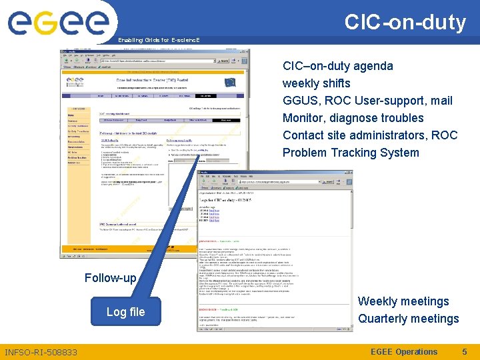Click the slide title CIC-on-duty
(405, 22)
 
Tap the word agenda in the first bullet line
(373, 66)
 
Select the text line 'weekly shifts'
(316, 83)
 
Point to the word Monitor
(305, 118)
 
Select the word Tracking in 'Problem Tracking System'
(355, 153)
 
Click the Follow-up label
(110, 277)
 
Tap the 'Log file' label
(125, 311)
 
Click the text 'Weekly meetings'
(403, 301)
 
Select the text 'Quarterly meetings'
(408, 319)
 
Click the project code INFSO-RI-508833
(41, 352)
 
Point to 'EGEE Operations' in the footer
(403, 352)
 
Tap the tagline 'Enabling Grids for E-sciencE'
(159, 41)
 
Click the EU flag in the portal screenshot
(230, 82)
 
